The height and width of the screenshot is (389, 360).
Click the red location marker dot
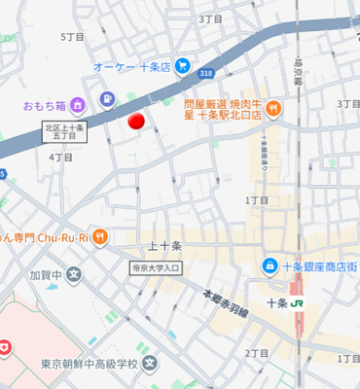pyautogui.click(x=137, y=121)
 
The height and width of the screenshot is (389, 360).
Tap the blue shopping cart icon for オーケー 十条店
pyautogui.click(x=182, y=66)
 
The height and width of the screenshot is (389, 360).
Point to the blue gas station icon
pyautogui.click(x=106, y=97)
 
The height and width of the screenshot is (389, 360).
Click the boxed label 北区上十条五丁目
pyautogui.click(x=64, y=131)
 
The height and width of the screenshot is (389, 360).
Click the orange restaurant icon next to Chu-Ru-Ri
pyautogui.click(x=100, y=236)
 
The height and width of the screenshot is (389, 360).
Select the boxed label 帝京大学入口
pyautogui.click(x=156, y=267)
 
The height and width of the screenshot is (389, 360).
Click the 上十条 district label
pyautogui.click(x=164, y=246)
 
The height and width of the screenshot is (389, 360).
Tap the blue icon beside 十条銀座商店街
pyautogui.click(x=269, y=266)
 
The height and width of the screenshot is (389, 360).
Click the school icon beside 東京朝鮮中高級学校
pyautogui.click(x=149, y=365)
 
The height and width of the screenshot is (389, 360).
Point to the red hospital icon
pyautogui.click(x=5, y=346)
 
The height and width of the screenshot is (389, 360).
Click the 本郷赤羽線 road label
pyautogui.click(x=226, y=301)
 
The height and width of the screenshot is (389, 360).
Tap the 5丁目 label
pyautogui.click(x=72, y=37)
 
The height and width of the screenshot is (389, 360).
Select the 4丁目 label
pyautogui.click(x=60, y=156)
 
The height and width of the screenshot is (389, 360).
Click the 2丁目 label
pyautogui.click(x=257, y=353)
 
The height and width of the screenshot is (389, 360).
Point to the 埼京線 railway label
pyautogui.click(x=299, y=68)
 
